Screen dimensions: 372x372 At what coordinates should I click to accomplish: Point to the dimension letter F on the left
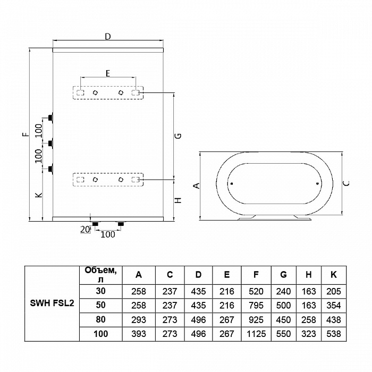click(x=25, y=135)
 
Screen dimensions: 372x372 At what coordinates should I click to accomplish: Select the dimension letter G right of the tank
click(x=179, y=136)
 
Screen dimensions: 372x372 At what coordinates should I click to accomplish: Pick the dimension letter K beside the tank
click(x=38, y=196)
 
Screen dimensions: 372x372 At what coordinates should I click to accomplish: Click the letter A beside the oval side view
click(x=196, y=185)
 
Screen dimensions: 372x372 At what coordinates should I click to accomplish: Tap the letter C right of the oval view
click(x=346, y=183)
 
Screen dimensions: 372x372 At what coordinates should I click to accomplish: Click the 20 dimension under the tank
click(x=83, y=229)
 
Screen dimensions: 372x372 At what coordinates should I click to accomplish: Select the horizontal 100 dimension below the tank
click(x=108, y=234)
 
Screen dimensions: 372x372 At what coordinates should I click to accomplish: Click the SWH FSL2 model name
click(x=52, y=305)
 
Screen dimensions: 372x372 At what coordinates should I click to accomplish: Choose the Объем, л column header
click(x=100, y=274)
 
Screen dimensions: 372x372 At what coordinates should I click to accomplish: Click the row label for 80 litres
click(x=100, y=320)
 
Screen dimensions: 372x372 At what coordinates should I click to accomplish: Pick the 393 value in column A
click(x=139, y=334)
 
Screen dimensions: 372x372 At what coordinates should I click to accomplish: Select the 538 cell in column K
click(x=333, y=334)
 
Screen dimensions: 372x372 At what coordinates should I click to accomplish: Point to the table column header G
click(x=283, y=274)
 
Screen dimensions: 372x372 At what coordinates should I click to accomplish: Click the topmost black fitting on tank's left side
click(x=50, y=117)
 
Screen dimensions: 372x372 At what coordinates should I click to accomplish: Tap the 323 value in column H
click(x=309, y=334)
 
